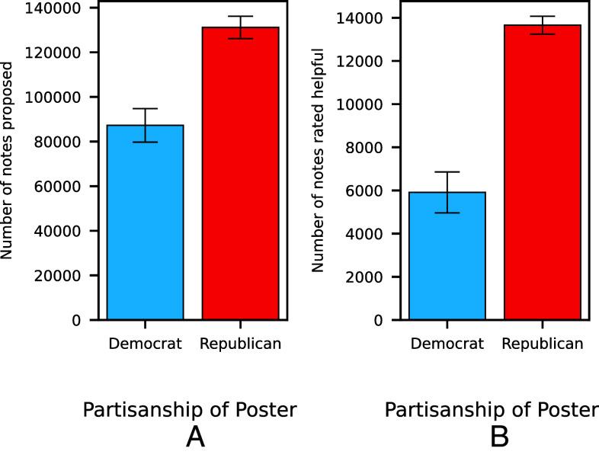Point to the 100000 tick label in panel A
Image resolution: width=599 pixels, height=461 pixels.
(60, 98)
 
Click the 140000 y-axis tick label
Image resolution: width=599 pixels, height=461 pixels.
(60, 8)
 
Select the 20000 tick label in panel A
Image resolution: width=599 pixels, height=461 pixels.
(63, 276)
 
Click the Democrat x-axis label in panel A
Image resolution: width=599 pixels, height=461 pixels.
(145, 344)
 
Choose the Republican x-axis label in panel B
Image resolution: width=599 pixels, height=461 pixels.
(543, 344)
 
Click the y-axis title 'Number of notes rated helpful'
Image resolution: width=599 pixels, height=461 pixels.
(319, 160)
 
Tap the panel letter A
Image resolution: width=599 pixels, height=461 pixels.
(197, 437)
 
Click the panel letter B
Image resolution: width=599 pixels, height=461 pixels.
(498, 437)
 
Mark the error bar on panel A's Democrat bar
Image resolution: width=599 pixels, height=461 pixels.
(145, 125)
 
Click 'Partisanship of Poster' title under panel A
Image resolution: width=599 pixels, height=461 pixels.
(189, 410)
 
